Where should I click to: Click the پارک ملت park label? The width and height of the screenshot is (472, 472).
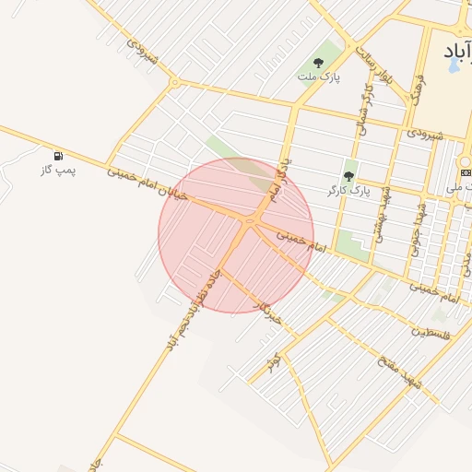coord(319,77)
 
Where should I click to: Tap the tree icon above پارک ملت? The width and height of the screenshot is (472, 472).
coord(319,63)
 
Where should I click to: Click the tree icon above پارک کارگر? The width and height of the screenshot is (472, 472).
coord(348,175)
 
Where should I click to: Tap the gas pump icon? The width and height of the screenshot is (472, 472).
coord(59,156)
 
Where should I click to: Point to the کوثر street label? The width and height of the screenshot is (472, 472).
coord(273,362)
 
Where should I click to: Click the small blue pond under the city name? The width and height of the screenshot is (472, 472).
coord(453,66)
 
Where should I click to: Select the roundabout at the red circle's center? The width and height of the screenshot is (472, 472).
coord(249,221)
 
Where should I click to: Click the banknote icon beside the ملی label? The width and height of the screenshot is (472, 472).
coord(465,172)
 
